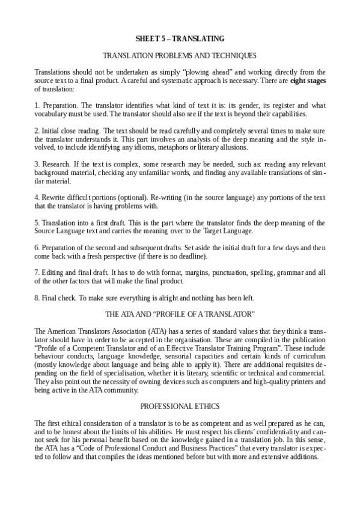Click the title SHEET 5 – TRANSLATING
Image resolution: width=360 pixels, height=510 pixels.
click(x=180, y=38)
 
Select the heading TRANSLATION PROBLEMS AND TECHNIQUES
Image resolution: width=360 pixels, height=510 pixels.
click(x=180, y=55)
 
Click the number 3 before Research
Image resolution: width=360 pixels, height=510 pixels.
click(x=37, y=164)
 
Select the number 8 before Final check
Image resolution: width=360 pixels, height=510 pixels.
click(x=37, y=297)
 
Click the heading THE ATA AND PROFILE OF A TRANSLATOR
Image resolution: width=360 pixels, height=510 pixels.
click(x=180, y=314)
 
